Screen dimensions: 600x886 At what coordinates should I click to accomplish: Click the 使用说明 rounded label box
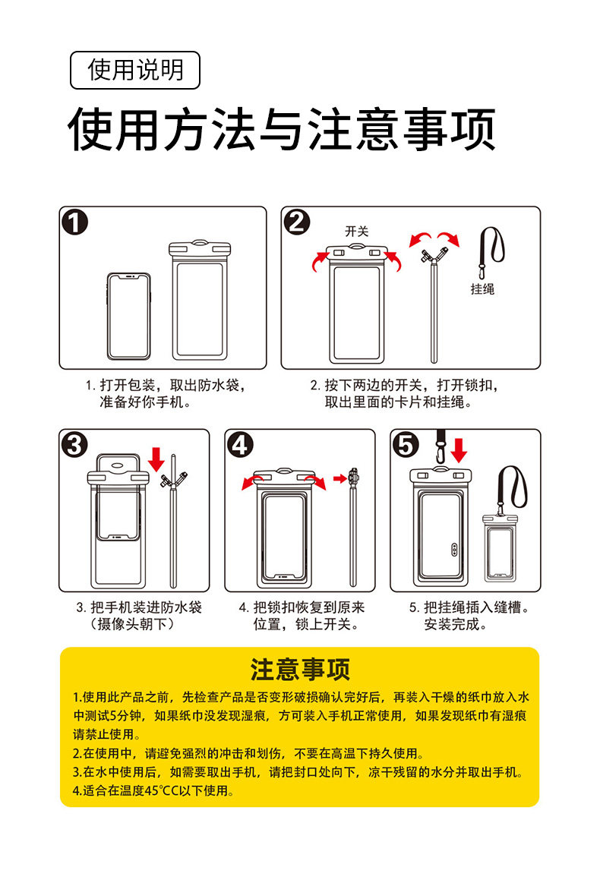coord(135,71)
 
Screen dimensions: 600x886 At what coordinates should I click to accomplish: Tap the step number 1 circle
coord(75,222)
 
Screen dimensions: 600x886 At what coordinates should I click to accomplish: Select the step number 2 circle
coord(297,222)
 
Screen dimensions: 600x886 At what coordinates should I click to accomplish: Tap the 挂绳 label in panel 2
coord(482,289)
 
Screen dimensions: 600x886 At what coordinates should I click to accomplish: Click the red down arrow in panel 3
coord(157,459)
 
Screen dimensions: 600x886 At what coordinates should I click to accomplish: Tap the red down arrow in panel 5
coord(458,449)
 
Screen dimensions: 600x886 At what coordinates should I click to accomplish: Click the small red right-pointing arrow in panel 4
coord(339,478)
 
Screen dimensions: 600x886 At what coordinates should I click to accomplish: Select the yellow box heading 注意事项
coord(300,670)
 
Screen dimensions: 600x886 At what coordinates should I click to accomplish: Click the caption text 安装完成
coord(456,625)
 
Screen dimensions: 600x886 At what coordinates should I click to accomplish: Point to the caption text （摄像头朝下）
coord(132,625)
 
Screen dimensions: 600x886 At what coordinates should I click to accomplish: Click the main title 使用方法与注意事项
coord(282,130)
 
